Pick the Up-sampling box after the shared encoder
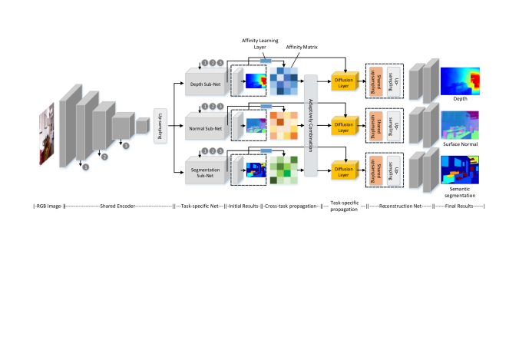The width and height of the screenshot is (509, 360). tap(161, 121)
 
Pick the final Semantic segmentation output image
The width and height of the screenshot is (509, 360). tap(462, 170)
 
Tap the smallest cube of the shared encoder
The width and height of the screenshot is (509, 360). tap(142, 124)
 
